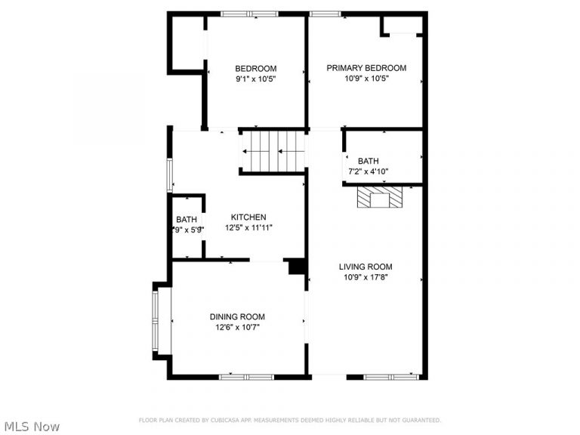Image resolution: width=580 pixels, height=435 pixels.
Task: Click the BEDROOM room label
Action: [255, 68]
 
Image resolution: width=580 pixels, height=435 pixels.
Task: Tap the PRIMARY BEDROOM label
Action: [366, 68]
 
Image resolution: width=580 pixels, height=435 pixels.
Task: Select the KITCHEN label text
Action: [248, 217]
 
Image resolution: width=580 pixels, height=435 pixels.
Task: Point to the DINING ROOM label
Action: [237, 316]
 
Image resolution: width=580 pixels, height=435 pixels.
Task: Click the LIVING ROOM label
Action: [366, 267]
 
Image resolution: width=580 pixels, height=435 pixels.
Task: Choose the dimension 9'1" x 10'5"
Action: [255, 79]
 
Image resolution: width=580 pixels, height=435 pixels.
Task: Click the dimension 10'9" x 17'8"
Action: [366, 277]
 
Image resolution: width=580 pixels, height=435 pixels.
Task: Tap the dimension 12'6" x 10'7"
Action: [237, 327]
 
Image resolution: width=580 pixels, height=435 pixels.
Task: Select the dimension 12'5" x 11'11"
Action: [248, 227]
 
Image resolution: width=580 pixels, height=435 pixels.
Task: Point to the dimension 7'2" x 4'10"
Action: [369, 171]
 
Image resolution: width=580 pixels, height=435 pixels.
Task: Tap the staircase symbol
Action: [272, 150]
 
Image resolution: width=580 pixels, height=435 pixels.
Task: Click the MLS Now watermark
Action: [31, 427]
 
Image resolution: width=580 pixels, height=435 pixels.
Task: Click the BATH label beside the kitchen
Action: [186, 220]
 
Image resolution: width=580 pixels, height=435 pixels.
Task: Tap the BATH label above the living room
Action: [369, 161]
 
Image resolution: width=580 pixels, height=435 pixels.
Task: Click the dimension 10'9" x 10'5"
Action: [366, 79]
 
